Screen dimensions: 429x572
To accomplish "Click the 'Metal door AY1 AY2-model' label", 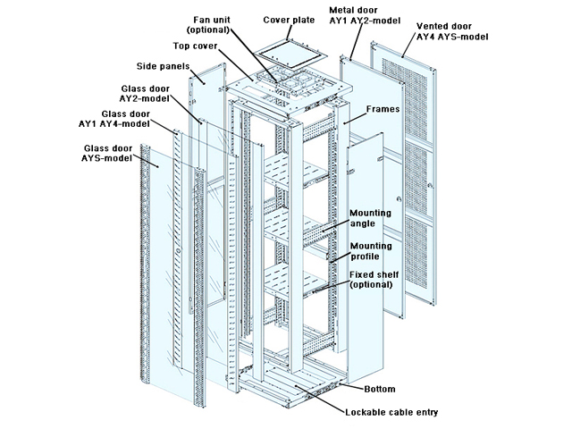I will click(367, 19).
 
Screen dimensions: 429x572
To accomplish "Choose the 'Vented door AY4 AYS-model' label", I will click(450, 33).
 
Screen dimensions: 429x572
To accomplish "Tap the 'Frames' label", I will click(383, 107).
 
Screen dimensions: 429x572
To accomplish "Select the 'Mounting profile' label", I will click(369, 251).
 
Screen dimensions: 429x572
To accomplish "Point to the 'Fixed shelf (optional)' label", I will click(371, 280).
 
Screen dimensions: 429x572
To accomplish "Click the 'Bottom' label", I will click(380, 390).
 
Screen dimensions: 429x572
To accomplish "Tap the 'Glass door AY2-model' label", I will click(147, 95).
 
